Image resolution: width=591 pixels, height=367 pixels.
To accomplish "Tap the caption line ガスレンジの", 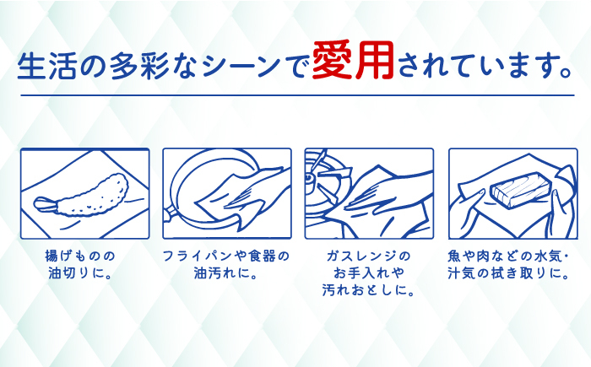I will pyautogui.click(x=368, y=255).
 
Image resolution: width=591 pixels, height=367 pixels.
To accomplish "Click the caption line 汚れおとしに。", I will pyautogui.click(x=368, y=292).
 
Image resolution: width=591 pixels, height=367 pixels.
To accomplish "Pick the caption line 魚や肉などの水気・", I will pyautogui.click(x=518, y=255).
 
